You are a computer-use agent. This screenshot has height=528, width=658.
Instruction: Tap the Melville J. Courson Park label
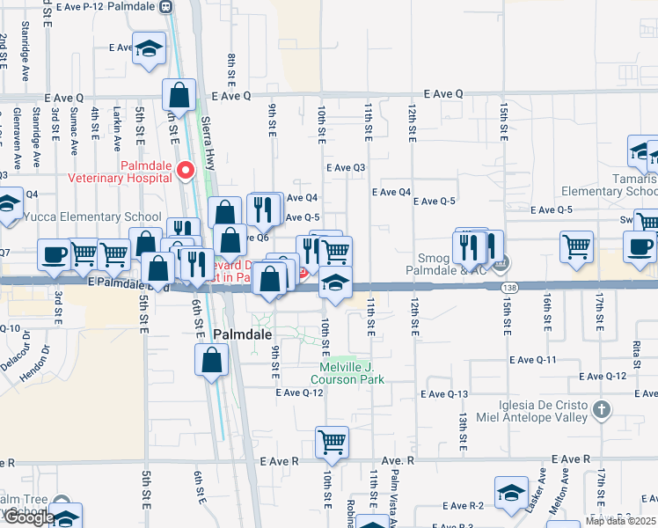347,374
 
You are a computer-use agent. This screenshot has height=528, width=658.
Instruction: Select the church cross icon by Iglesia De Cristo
601,409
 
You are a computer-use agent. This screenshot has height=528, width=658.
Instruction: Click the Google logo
28,517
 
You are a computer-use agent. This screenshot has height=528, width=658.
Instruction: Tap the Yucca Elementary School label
92,217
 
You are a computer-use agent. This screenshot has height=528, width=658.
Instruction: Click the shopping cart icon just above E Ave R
332,442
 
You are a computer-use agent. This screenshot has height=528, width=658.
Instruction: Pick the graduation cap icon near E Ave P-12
149,49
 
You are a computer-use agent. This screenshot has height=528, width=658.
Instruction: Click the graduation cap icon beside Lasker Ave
511,494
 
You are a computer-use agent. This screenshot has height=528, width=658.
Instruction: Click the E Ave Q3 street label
345,167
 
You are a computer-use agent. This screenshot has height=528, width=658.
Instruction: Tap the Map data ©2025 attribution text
620,521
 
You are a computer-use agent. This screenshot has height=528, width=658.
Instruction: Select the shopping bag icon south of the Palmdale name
211,360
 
